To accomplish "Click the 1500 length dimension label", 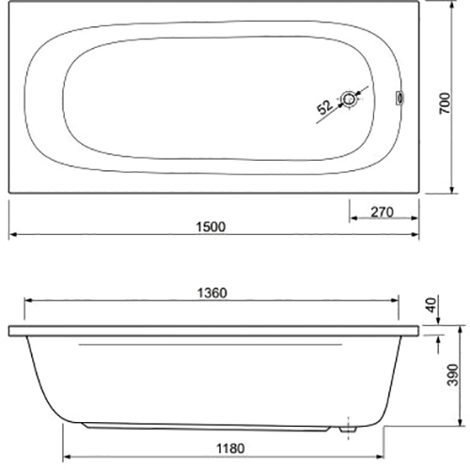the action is tap(211, 227).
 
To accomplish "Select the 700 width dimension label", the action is tap(445, 103).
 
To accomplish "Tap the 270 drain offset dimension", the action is tap(382, 212).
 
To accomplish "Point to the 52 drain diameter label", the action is tap(324, 107).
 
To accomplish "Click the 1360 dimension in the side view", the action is tap(212, 293).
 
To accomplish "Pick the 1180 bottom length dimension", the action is tap(230, 448).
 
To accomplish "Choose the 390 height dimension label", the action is tap(453, 375).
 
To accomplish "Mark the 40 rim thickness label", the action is tap(431, 305).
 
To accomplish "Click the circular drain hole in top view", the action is tap(348, 100).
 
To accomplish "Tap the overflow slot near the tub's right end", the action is tap(399, 98).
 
